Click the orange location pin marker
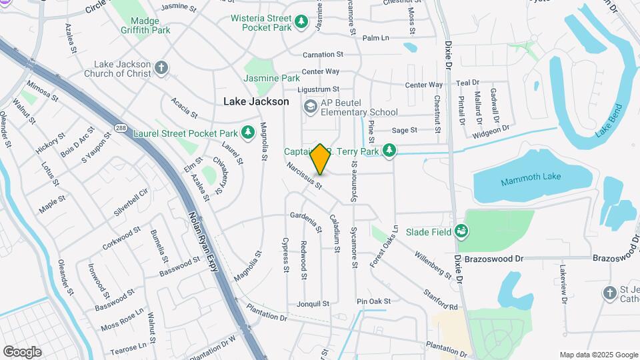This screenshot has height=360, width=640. click(320, 159)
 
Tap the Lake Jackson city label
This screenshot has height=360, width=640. click(256, 101)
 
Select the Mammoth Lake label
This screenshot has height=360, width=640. click(531, 177)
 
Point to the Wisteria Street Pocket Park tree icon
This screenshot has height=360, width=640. click(302, 23)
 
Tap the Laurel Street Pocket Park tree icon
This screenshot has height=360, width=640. click(248, 133)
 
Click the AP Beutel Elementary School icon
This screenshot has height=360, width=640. click(310, 107)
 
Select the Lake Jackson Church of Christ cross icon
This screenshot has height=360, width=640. click(160, 67)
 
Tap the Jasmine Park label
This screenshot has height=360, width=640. click(271, 78)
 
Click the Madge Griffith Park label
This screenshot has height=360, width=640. click(146, 25)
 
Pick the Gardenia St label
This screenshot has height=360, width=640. click(306, 221)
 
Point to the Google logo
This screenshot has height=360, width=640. click(22, 351)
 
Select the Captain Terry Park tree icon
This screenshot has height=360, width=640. click(393, 151)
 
